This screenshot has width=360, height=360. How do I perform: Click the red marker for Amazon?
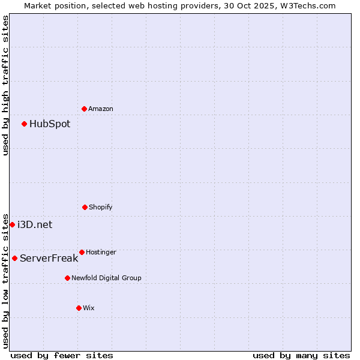coord(84,109)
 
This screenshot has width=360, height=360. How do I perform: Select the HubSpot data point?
coord(24,124)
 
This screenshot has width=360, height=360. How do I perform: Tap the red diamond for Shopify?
coord(85,207)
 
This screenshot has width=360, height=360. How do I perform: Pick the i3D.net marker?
coord(12,224)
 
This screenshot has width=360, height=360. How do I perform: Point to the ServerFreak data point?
coord(14,258)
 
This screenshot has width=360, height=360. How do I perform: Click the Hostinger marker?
coord(82,252)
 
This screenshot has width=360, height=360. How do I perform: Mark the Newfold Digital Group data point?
coord(67,278)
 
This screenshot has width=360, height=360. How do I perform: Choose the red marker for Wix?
coord(79,308)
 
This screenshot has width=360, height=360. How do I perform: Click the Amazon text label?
coord(101,109)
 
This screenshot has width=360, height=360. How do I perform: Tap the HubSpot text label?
coord(50,124)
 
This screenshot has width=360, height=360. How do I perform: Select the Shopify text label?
coord(101,207)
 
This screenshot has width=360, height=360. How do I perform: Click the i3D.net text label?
coord(35,225)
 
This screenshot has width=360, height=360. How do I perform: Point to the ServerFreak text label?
coord(49,259)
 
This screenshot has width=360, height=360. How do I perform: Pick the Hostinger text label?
coord(101,252)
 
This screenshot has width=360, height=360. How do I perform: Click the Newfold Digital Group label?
coord(106,278)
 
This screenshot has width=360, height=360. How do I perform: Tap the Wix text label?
coord(89,308)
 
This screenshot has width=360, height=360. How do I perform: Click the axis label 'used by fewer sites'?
coord(62,355)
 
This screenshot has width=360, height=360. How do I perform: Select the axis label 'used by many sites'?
coord(301,355)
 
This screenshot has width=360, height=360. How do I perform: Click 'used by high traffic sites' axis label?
coord(5,85)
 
